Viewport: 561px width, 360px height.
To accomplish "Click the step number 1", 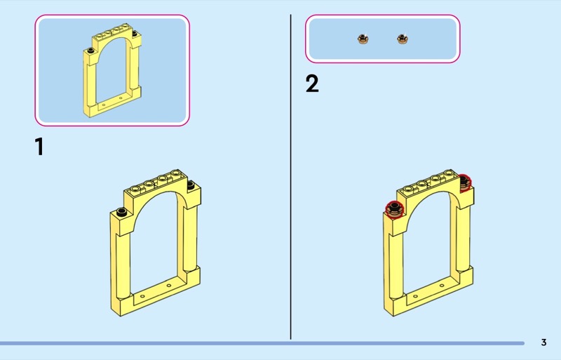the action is click(39, 147).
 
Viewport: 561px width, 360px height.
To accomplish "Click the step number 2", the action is click(312, 84).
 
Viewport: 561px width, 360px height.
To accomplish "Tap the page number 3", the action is click(544, 342).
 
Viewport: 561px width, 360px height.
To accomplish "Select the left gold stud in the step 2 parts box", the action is click(363, 39).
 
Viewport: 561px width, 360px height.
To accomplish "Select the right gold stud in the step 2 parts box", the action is click(403, 39).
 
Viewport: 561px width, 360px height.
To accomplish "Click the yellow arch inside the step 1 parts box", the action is click(90, 82).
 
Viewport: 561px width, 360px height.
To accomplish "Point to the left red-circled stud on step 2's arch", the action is click(395, 209).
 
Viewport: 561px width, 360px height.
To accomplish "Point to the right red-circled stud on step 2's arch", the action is click(465, 183).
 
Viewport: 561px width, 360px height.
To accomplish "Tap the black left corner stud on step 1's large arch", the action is click(121, 212).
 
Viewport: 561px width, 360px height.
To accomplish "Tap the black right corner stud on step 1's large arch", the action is click(191, 185).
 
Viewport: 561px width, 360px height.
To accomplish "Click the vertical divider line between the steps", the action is click(290, 177).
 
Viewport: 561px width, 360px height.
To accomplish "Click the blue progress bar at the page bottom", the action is click(262, 343).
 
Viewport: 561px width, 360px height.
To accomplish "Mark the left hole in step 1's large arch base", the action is click(142, 296).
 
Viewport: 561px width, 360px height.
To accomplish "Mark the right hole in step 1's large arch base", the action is click(169, 286).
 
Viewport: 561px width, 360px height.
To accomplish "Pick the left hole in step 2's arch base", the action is click(416, 296).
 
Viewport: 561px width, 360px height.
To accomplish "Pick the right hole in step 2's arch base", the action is click(442, 286).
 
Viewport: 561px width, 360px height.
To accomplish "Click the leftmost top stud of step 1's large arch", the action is click(135, 189).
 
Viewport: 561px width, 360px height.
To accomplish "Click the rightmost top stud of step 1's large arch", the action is click(175, 173).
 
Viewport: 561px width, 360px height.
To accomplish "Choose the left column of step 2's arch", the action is click(396, 265).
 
